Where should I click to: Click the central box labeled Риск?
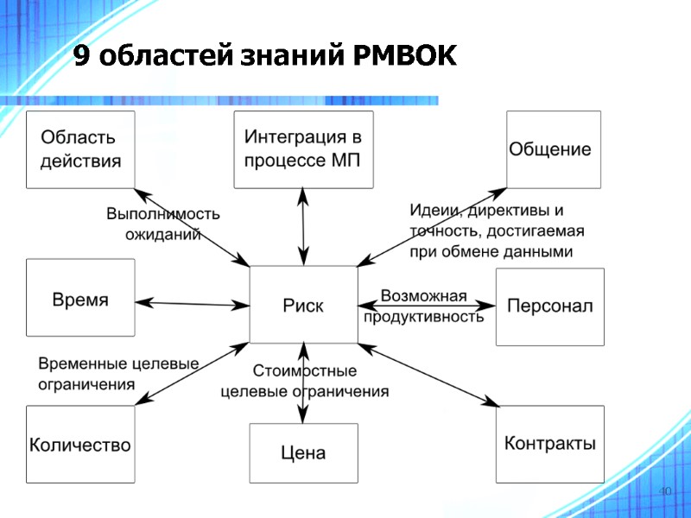pos(303,305)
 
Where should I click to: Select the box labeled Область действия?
pos(80,149)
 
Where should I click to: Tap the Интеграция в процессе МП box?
pos(303,149)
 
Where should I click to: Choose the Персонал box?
pos(549,306)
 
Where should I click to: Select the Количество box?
pos(80,445)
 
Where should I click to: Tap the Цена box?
pos(303,452)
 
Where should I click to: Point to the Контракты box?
pos(549,444)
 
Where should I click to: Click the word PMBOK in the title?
pos(404,58)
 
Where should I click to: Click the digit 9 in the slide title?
pos(79,58)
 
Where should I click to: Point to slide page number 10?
pos(664,491)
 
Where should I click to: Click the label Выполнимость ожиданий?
pos(162,224)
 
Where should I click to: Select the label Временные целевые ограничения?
pos(118,374)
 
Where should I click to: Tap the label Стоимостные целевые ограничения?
pos(304,381)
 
